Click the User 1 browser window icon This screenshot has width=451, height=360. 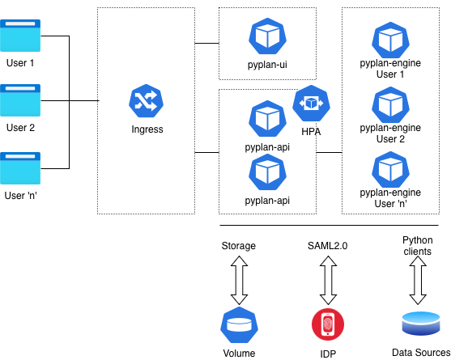click(20, 36)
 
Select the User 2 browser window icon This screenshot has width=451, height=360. click(20, 100)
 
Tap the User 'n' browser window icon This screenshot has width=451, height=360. click(20, 167)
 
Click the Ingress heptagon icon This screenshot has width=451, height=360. click(147, 101)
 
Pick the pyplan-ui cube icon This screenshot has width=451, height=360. click(266, 36)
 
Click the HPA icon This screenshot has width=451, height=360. click(308, 103)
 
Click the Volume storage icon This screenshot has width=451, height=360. click(238, 324)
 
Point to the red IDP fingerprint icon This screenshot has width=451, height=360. click(327, 324)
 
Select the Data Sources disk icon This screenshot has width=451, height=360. click(420, 324)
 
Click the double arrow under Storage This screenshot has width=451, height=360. click(238, 279)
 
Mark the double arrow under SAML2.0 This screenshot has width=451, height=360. click(327, 279)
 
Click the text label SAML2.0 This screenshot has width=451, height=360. click(327, 245)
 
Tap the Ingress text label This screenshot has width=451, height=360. click(147, 129)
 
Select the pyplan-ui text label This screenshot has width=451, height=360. click(266, 64)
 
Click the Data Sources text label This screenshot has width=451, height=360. click(420, 353)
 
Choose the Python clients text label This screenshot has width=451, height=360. click(417, 246)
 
